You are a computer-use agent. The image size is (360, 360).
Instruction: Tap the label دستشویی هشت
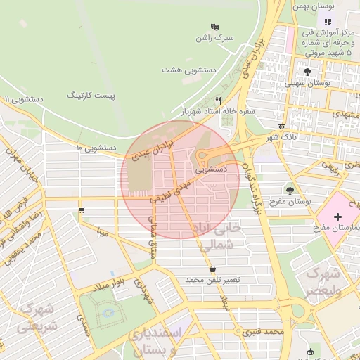[182, 70]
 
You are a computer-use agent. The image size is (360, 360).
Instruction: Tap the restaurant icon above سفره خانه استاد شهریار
[218, 101]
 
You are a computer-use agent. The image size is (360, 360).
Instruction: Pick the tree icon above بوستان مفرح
[290, 190]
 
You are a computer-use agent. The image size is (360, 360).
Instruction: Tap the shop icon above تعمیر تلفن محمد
[212, 269]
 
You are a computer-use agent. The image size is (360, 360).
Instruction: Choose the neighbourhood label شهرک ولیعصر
[323, 280]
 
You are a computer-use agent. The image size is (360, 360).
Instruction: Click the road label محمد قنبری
[263, 331]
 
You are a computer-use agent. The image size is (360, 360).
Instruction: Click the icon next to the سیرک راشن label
[214, 26]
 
